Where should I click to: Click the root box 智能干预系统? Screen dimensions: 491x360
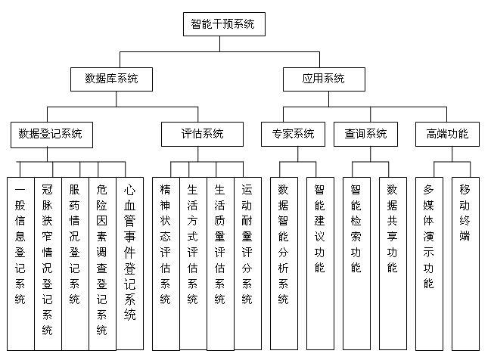[224, 24]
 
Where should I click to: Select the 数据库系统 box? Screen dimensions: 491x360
[111, 79]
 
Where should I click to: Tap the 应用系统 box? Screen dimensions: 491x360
[324, 79]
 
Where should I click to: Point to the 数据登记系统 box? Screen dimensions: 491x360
[51, 135]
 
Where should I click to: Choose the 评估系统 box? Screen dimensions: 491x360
[202, 134]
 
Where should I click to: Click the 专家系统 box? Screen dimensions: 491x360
[293, 134]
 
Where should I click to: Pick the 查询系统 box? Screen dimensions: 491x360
[365, 134]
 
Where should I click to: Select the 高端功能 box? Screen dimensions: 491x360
[447, 134]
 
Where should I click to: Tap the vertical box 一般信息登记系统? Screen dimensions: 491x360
[20, 264]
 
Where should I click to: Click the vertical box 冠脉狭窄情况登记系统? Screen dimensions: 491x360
[48, 264]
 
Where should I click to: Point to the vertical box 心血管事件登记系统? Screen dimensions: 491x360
[130, 263]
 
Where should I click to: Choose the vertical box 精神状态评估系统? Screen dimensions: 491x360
[166, 264]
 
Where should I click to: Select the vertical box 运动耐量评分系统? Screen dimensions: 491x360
[247, 263]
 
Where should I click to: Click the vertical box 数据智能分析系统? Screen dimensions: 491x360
[284, 263]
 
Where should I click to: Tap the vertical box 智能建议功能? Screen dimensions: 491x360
[320, 263]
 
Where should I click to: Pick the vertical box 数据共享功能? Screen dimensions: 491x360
[393, 263]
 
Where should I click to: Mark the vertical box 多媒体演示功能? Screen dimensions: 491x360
[429, 264]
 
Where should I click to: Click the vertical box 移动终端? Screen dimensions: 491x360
[465, 264]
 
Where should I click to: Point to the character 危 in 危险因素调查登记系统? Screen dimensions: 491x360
[102, 189]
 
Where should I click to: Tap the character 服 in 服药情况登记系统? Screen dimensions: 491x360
[75, 189]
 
